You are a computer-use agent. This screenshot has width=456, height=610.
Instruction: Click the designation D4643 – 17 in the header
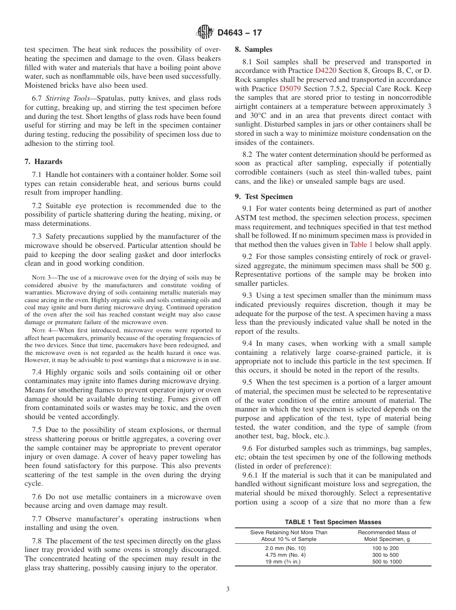(240, 33)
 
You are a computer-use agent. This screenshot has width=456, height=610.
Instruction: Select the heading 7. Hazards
(43, 162)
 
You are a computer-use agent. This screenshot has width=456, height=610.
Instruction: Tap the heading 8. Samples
(253, 49)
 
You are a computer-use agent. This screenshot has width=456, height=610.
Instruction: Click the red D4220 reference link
(325, 70)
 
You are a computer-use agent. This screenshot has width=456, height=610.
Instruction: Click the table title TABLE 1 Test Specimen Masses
(333, 522)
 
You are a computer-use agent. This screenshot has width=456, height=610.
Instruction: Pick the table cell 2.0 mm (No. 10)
(285, 548)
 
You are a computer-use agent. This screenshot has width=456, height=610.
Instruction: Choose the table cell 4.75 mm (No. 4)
(285, 555)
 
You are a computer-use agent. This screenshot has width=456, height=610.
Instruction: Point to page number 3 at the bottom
(228, 589)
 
